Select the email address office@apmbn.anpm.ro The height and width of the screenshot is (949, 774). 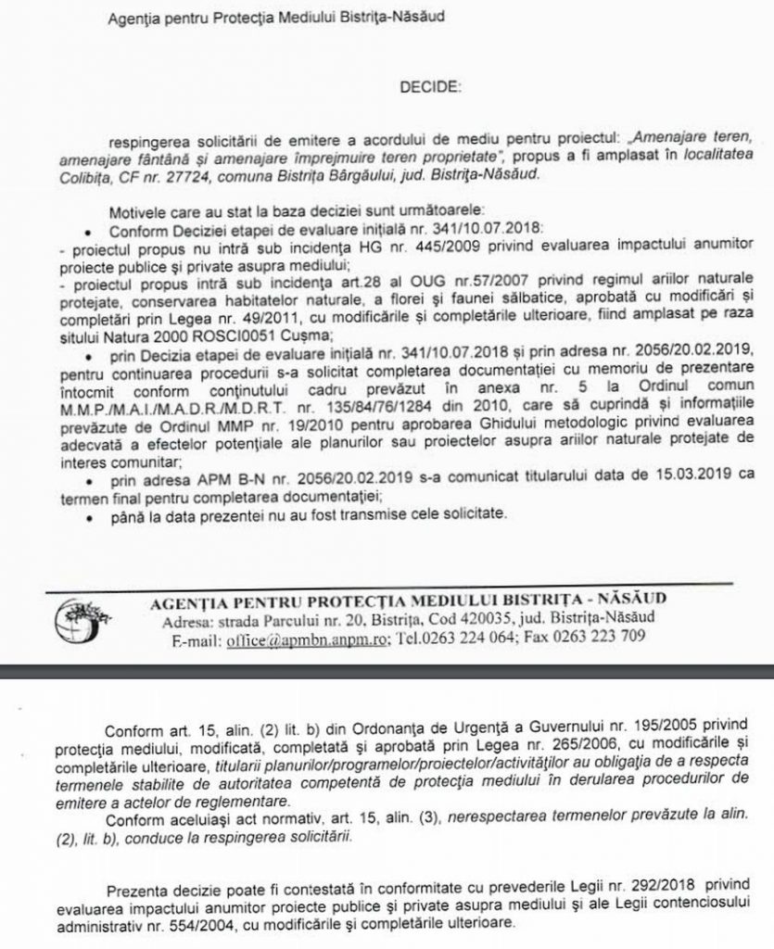click(x=310, y=639)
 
